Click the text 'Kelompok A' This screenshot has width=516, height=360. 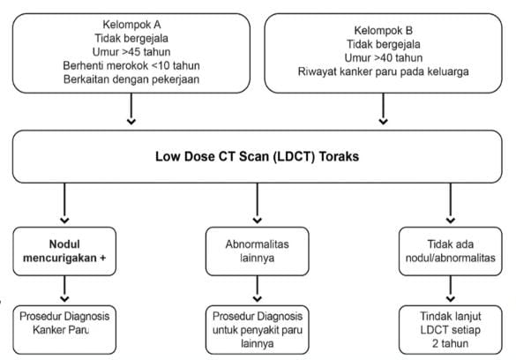131,25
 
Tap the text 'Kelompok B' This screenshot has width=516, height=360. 384,30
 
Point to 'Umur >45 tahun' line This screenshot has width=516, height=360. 131,52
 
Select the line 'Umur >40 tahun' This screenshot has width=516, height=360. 384,57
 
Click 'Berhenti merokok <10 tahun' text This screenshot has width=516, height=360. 131,65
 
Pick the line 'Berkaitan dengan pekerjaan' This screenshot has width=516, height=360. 131,79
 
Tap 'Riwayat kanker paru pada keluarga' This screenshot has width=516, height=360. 384,71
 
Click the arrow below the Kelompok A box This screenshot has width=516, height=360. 131,109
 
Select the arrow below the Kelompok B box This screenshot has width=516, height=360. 383,109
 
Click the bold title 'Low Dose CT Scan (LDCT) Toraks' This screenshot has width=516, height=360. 257,156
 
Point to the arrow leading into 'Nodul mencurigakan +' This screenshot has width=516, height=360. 64,203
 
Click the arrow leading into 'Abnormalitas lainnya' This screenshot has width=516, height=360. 258,203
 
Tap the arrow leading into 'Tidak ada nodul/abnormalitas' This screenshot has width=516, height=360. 451,203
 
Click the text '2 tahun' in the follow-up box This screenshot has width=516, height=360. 451,343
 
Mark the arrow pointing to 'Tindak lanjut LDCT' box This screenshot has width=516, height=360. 451,289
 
